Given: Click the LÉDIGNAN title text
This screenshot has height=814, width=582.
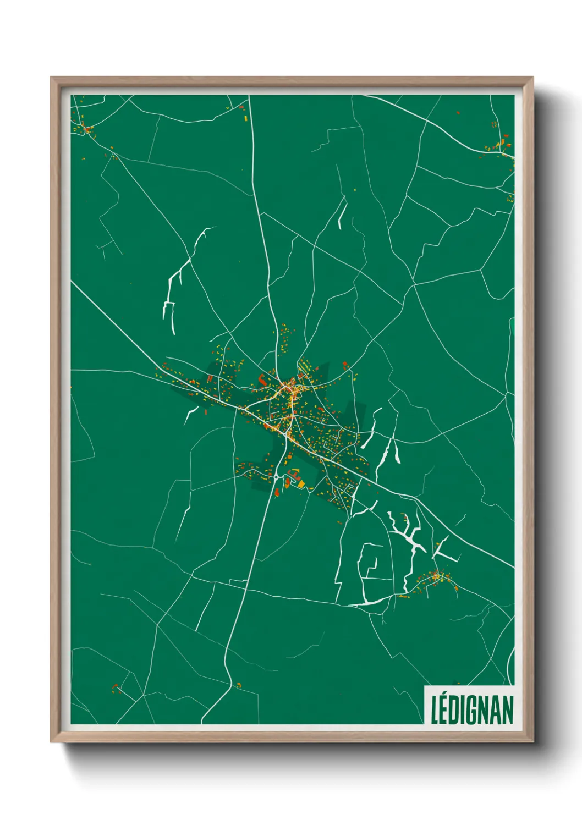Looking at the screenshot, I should (x=472, y=710).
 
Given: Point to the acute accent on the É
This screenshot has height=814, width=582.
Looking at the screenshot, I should (x=444, y=694).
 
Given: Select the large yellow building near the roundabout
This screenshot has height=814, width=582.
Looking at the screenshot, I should (x=301, y=483).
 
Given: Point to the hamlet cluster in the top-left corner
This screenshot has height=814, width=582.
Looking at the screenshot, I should (x=84, y=129).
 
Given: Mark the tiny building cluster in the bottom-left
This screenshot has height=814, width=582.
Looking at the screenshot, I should (x=116, y=687).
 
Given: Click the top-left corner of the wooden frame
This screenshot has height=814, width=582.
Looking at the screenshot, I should (x=52, y=78).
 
